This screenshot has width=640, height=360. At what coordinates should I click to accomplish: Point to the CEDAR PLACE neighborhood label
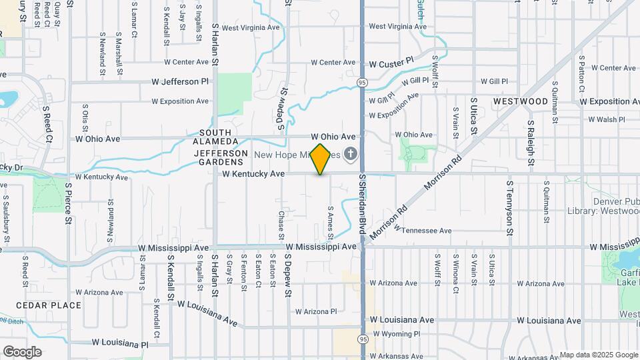click(x=49, y=305)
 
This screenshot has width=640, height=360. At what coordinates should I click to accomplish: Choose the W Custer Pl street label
click(x=391, y=63)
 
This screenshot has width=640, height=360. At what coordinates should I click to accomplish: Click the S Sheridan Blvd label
click(x=363, y=204)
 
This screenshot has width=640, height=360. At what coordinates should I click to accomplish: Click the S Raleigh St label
click(x=531, y=145)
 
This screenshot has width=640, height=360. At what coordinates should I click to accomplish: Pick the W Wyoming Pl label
click(x=396, y=333)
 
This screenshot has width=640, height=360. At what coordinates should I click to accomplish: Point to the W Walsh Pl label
click(x=606, y=119)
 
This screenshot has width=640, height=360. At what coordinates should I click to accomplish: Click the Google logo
click(x=22, y=351)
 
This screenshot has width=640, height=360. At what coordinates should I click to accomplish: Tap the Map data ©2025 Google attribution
click(x=599, y=355)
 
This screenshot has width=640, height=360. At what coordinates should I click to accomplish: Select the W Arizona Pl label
click(x=316, y=311)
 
